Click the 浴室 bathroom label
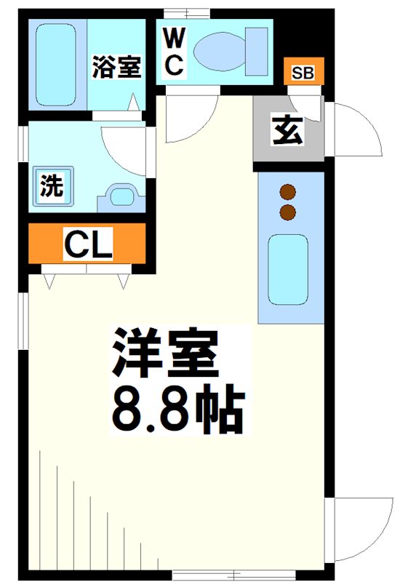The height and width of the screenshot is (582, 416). pyautogui.click(x=116, y=67)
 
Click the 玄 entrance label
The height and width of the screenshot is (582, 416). pyautogui.click(x=289, y=131)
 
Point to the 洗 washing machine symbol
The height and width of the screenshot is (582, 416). pyautogui.click(x=51, y=186)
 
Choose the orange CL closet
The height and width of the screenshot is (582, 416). pyautogui.click(x=88, y=244)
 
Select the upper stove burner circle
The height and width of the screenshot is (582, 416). pyautogui.click(x=289, y=192)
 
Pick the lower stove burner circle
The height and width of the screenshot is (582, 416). pyautogui.click(x=289, y=212)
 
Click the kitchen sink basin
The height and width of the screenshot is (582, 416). pyautogui.click(x=288, y=269)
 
